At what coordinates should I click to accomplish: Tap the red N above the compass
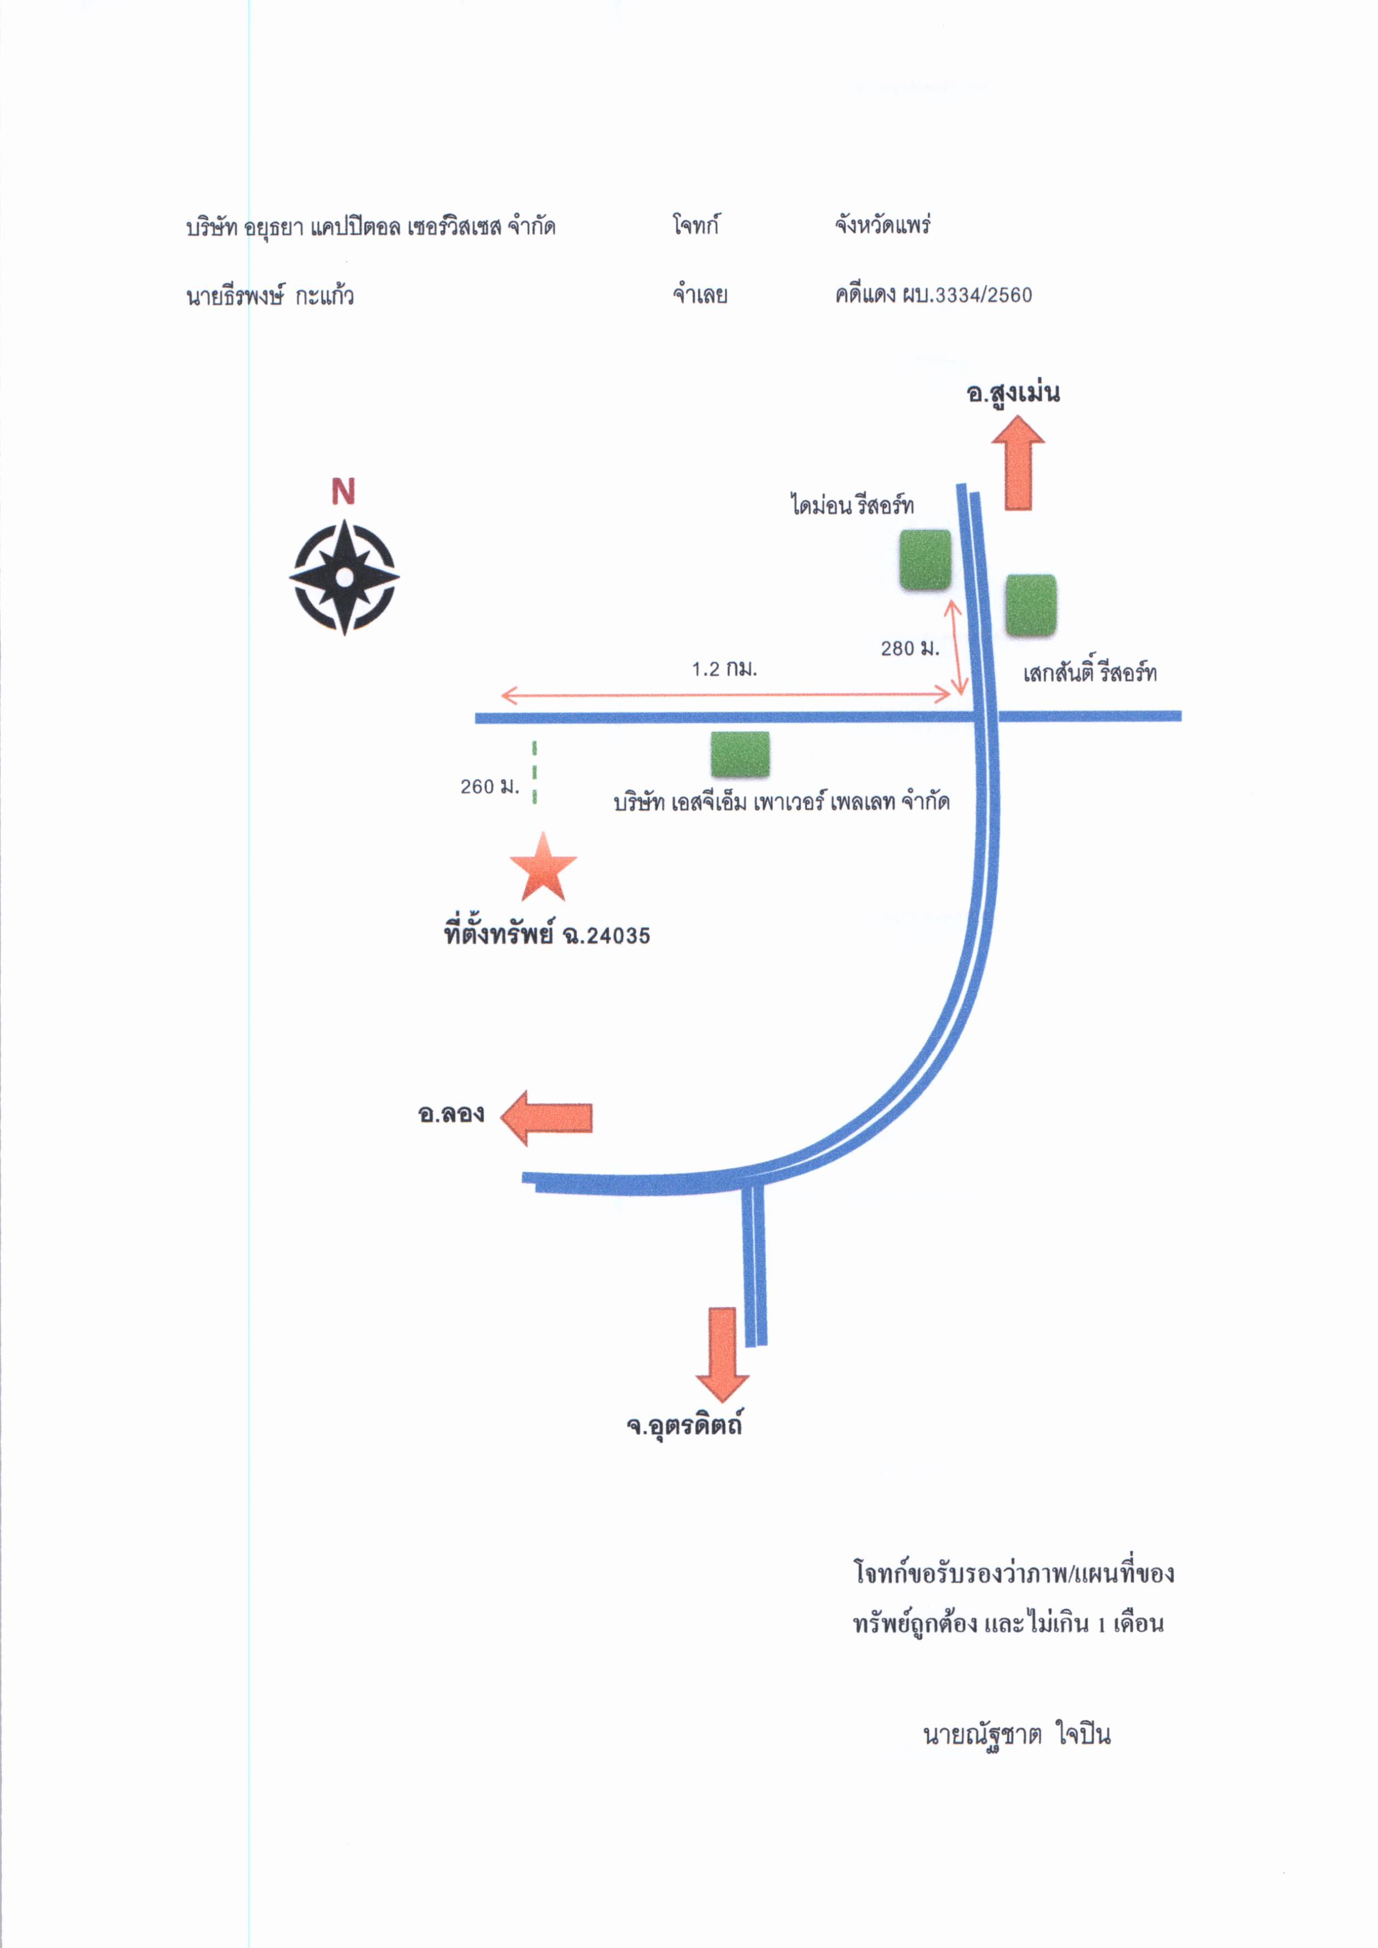click(343, 491)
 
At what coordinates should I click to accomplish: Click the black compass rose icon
click(343, 578)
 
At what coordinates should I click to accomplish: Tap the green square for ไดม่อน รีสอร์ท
click(925, 560)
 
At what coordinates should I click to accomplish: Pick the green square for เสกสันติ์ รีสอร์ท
click(1031, 605)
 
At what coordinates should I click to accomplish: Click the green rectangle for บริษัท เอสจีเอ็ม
click(740, 754)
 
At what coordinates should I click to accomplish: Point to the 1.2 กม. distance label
click(724, 669)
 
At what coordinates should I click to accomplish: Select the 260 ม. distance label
click(490, 787)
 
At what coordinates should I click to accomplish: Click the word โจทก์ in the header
click(696, 226)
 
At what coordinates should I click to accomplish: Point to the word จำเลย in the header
click(700, 296)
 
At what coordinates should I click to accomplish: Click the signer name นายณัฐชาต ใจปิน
click(1016, 1734)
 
